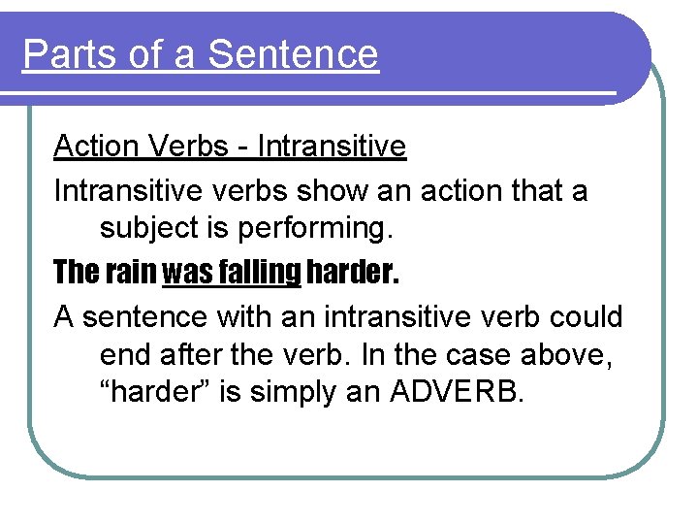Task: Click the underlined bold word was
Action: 184,273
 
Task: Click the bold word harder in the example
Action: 352,273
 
